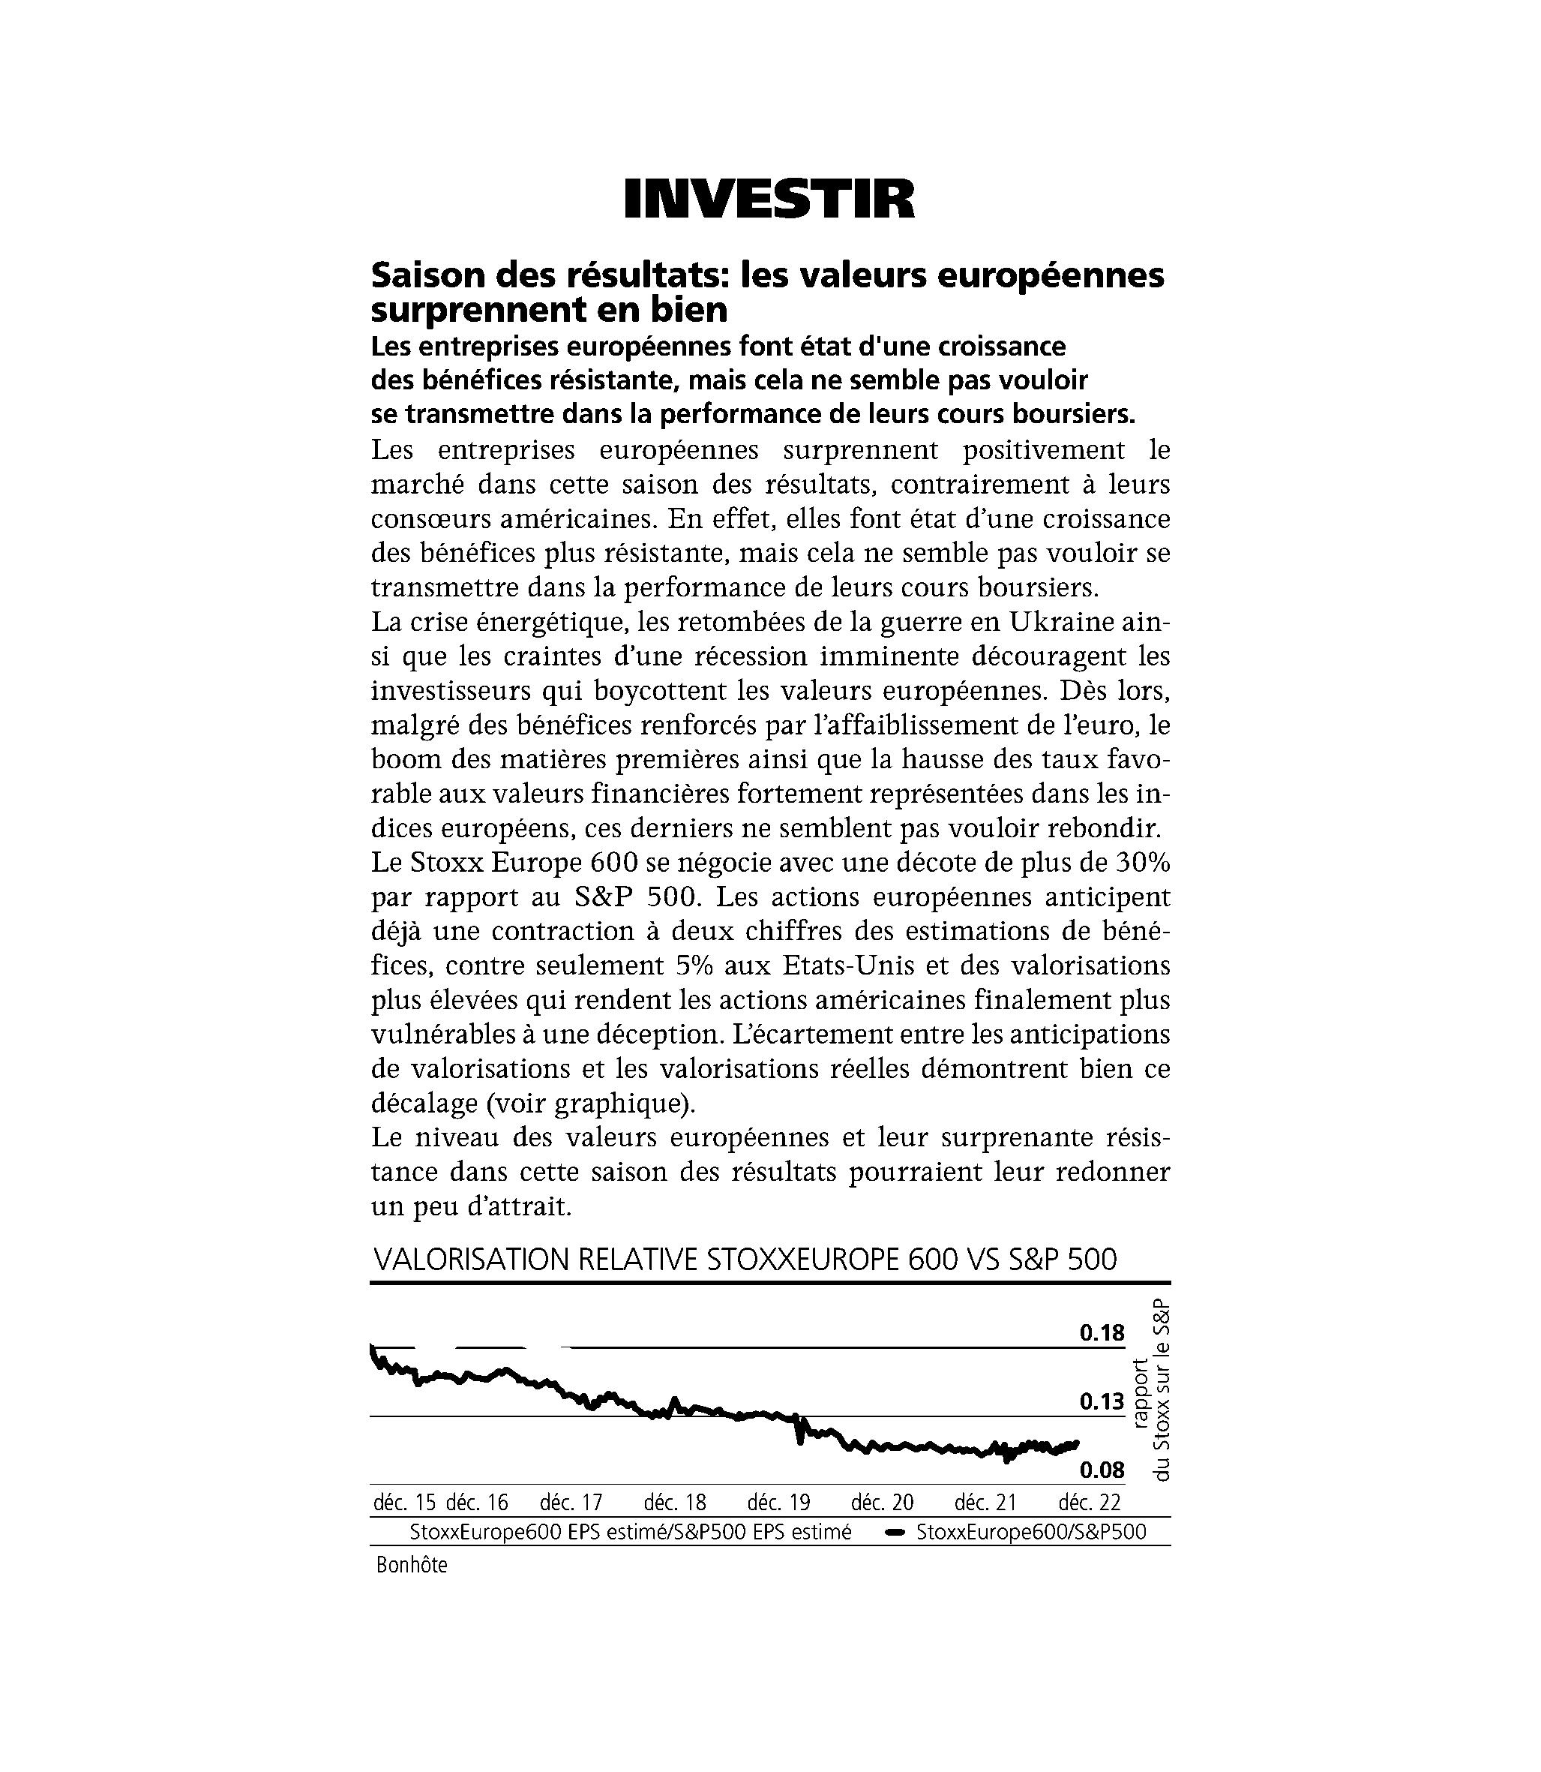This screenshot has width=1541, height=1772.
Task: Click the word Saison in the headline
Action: click(422, 275)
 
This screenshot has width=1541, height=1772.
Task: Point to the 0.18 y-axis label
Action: click(1102, 1333)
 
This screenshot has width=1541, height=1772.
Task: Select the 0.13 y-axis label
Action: click(1102, 1402)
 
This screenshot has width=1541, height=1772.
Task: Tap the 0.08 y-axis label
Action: click(1102, 1470)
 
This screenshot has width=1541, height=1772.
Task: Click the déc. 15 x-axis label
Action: click(404, 1503)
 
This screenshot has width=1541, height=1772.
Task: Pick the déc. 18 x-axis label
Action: click(675, 1503)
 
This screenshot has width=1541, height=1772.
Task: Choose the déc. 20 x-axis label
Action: click(883, 1503)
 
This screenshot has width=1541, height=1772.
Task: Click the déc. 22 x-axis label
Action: click(1090, 1503)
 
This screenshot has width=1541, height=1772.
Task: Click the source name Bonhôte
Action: click(412, 1566)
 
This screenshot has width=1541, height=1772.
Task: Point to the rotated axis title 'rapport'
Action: click(1141, 1393)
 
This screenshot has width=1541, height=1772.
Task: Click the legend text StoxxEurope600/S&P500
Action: click(1031, 1533)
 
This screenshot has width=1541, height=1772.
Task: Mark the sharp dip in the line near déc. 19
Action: click(799, 1438)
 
